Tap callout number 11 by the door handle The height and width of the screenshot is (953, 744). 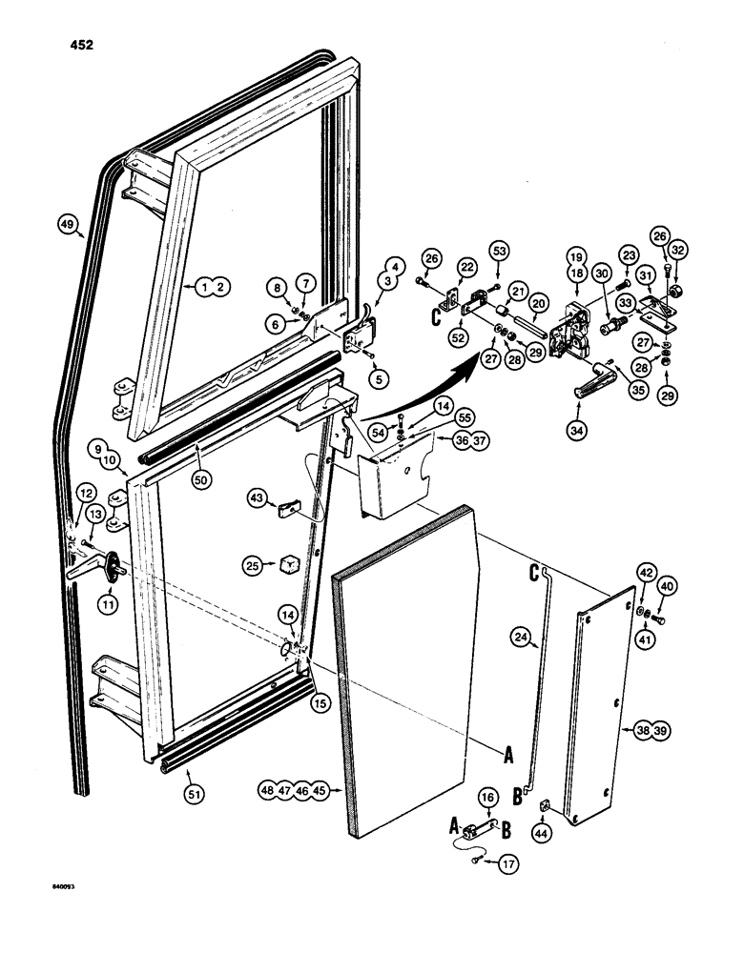click(x=106, y=603)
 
